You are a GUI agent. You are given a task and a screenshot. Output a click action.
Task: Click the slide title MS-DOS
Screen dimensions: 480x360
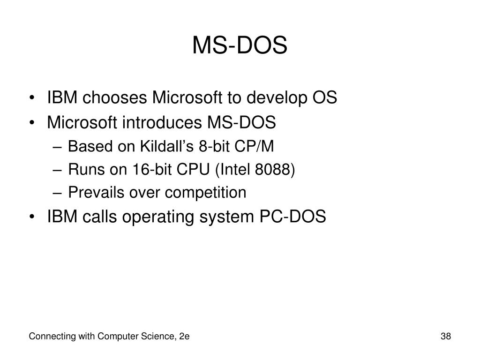[x=240, y=45]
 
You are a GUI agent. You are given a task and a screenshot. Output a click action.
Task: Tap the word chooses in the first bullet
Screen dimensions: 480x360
[x=115, y=97]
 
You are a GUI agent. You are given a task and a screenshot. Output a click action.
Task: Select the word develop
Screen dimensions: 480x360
[x=277, y=98]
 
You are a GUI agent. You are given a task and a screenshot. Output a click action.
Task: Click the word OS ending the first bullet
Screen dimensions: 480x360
[x=324, y=97]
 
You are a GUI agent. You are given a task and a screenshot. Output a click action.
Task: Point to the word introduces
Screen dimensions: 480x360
[x=162, y=122]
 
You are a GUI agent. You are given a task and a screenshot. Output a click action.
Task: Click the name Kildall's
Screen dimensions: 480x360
[x=167, y=146]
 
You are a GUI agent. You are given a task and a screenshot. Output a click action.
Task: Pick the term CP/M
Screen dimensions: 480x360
[x=254, y=146]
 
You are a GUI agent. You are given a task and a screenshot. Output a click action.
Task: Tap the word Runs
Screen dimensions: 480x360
[x=86, y=169]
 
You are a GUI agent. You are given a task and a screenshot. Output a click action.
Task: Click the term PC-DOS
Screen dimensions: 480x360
[x=292, y=217]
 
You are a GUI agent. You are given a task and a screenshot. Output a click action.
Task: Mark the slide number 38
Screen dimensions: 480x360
[x=446, y=336]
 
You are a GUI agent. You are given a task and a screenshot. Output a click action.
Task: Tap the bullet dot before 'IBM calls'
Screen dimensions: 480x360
[x=31, y=217]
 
